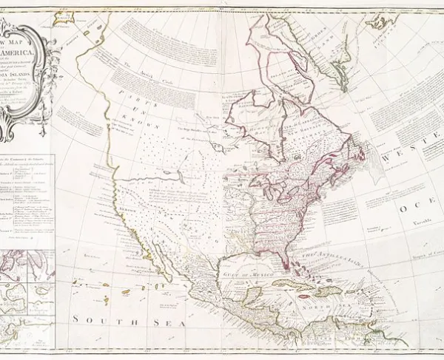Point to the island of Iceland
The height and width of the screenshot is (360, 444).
(x=384, y=21)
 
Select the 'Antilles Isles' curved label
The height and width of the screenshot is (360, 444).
(x=326, y=259)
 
